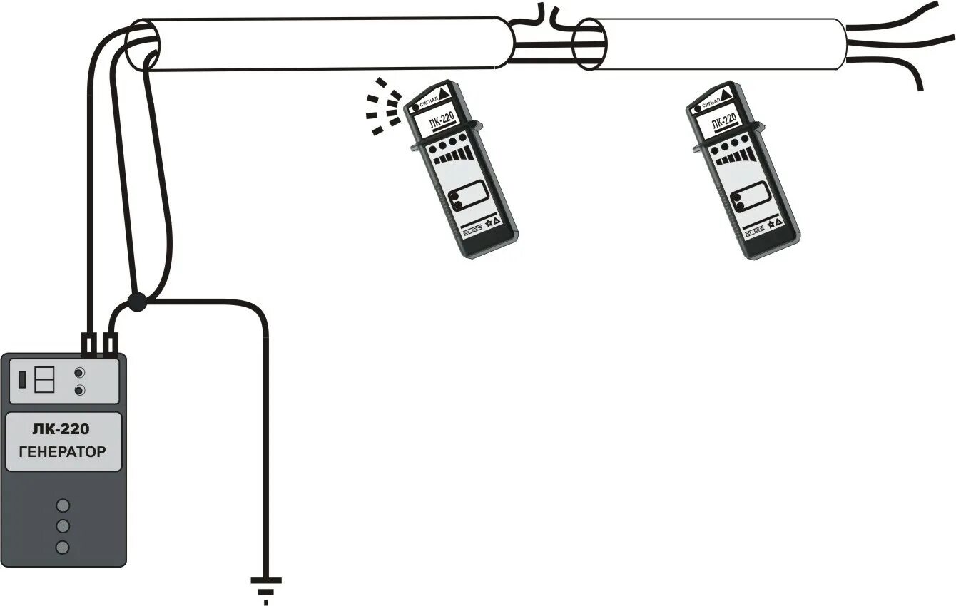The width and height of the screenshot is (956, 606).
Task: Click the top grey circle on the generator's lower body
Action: [x=63, y=505]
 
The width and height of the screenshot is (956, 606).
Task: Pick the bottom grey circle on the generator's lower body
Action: [x=63, y=548]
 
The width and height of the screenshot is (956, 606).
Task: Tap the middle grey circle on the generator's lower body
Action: [x=63, y=526]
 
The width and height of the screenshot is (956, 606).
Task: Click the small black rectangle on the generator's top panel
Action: [x=22, y=379]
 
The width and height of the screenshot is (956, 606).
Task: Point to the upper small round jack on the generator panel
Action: [x=80, y=372]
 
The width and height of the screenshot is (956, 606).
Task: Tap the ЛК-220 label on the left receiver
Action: [x=443, y=120]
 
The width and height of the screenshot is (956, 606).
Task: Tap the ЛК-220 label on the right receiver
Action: [x=723, y=120]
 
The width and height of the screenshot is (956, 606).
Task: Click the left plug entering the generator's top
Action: [x=89, y=344]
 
